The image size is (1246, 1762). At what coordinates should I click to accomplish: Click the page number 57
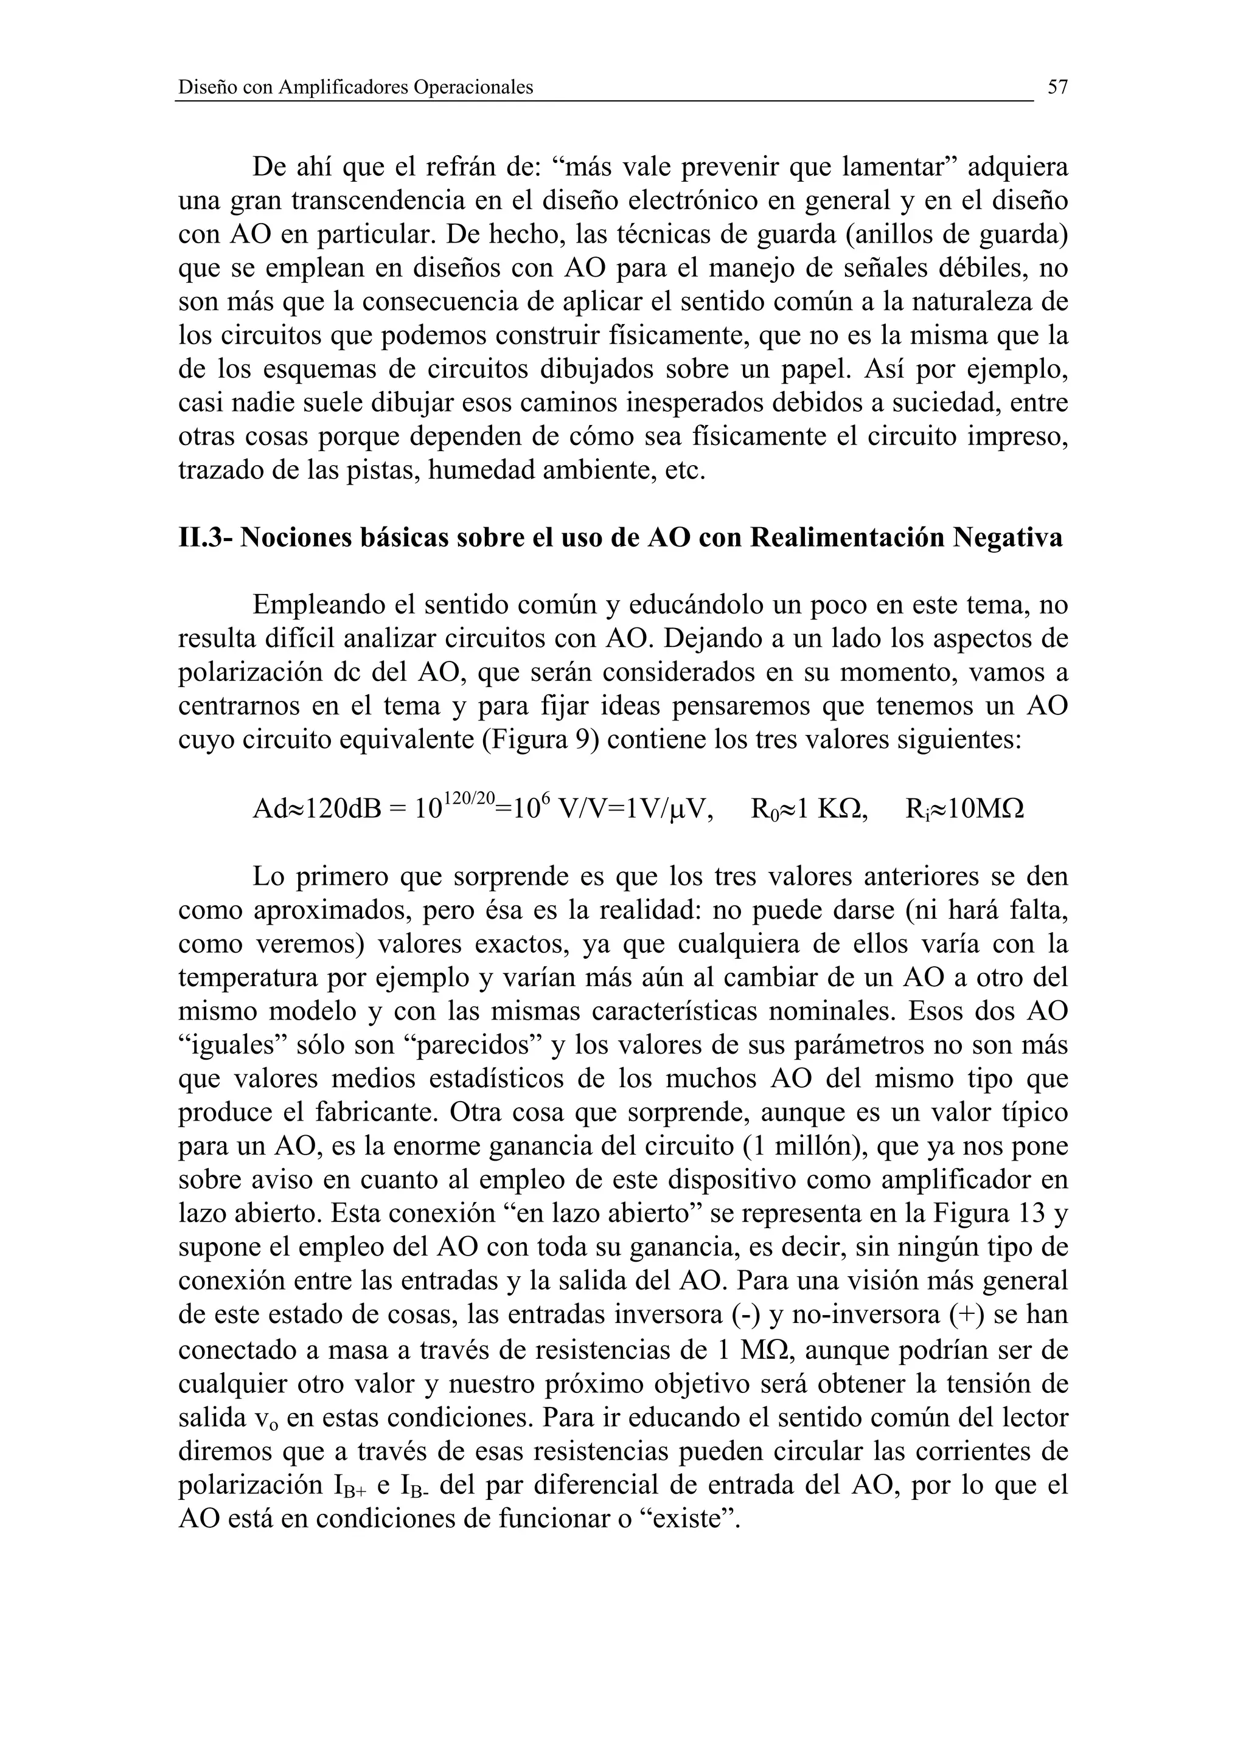pyautogui.click(x=1057, y=88)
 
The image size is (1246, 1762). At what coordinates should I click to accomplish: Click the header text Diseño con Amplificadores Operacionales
pyautogui.click(x=355, y=88)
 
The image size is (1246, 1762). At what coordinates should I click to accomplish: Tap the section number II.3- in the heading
pyautogui.click(x=205, y=537)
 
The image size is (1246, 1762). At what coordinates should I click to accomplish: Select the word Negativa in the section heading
pyautogui.click(x=1008, y=537)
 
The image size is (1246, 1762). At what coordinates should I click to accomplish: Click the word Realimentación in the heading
pyautogui.click(x=847, y=537)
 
